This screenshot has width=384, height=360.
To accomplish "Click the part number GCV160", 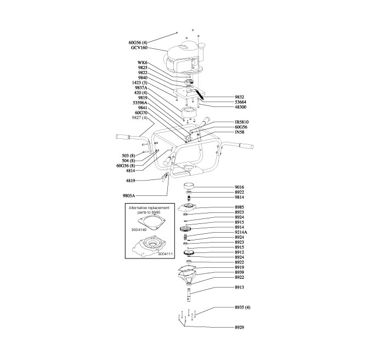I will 139,48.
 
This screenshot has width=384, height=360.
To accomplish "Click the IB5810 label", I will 244,122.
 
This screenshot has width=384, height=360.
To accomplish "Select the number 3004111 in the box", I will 165,254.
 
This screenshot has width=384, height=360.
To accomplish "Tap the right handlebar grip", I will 246,145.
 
